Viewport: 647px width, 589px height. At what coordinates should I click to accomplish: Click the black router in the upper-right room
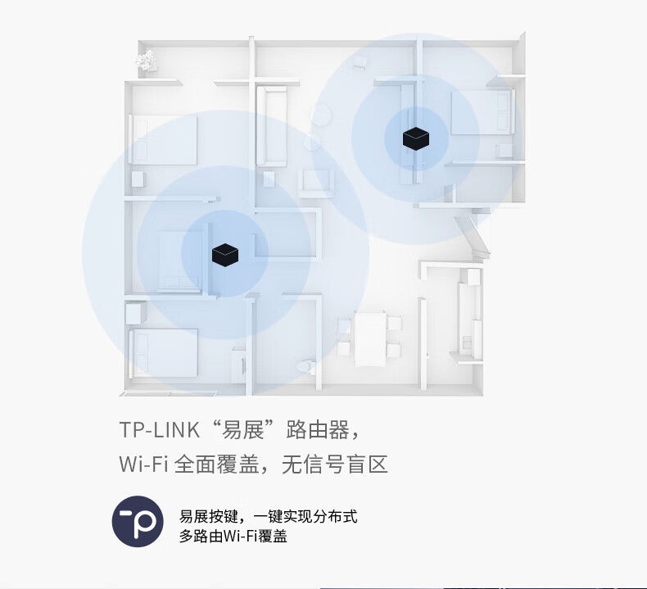pyautogui.click(x=416, y=138)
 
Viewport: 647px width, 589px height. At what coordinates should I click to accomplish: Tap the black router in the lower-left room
pyautogui.click(x=225, y=255)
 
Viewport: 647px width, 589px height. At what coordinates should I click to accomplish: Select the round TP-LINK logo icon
pyautogui.click(x=138, y=521)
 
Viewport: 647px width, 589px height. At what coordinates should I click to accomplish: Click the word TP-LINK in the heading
pyautogui.click(x=160, y=429)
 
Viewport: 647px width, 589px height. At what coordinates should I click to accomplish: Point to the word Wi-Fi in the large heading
pyautogui.click(x=143, y=465)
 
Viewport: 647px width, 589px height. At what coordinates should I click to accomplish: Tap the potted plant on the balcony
pyautogui.click(x=147, y=60)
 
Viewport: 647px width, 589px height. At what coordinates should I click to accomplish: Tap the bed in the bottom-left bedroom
pyautogui.click(x=164, y=352)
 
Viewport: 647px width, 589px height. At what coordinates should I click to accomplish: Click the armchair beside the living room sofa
pyautogui.click(x=316, y=181)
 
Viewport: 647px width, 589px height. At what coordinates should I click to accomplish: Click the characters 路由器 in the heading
pyautogui.click(x=321, y=429)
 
